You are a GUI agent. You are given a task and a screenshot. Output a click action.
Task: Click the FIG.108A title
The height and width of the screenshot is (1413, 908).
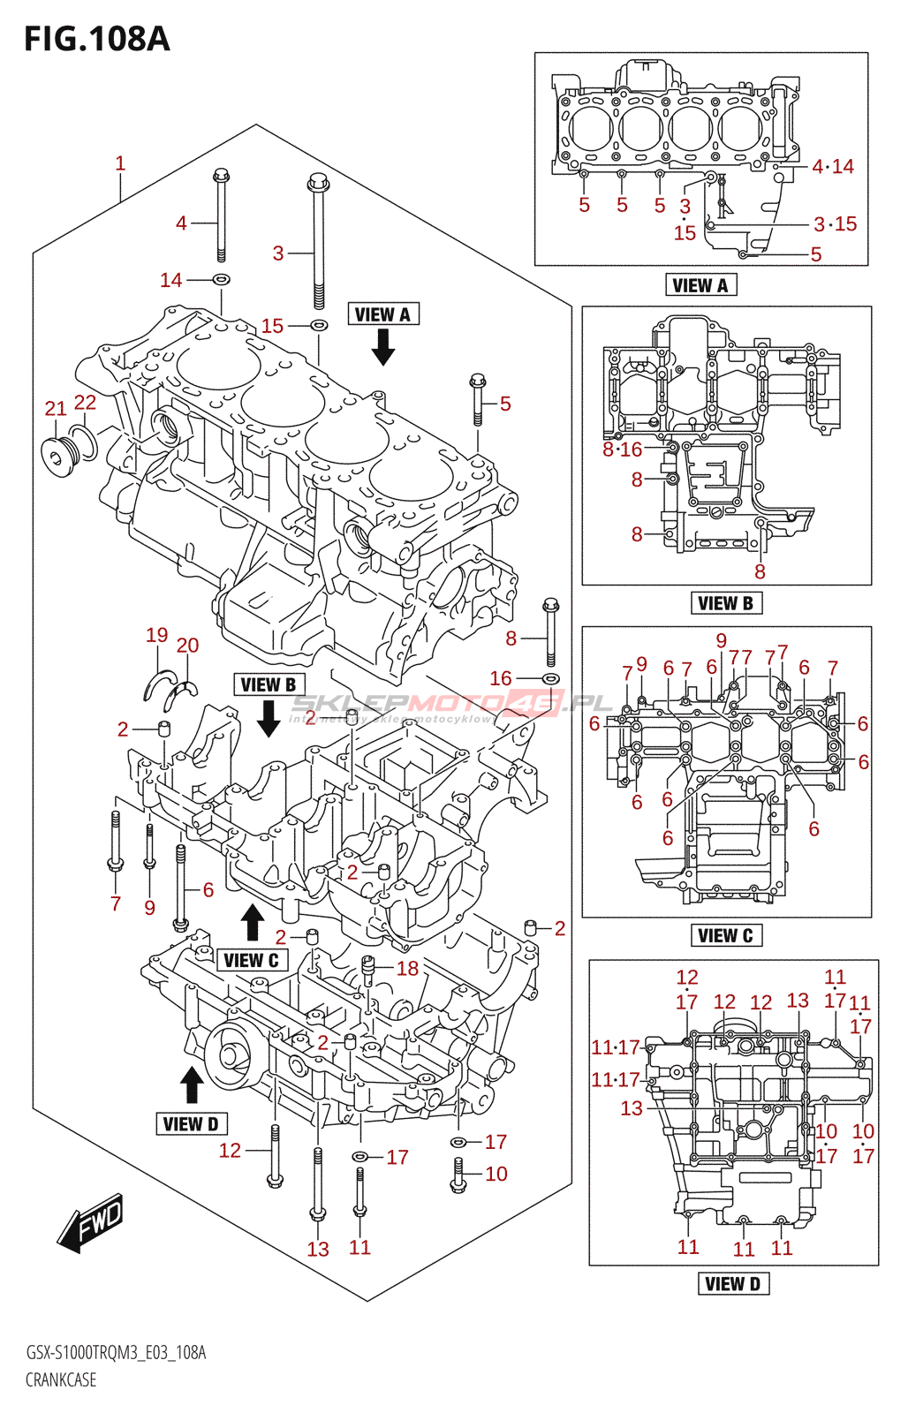[x=96, y=39]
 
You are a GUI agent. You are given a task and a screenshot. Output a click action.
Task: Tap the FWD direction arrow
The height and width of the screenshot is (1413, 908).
[x=91, y=1223]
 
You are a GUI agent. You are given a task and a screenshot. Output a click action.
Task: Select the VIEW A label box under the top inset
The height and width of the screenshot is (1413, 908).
[x=700, y=285]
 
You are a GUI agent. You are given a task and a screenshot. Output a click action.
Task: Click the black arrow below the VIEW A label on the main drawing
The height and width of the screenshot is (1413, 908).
[x=382, y=347]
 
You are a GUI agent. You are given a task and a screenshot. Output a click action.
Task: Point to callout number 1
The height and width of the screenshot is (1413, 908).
[x=120, y=163]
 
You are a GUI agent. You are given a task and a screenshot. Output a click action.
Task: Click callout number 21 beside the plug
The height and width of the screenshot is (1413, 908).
[x=56, y=408]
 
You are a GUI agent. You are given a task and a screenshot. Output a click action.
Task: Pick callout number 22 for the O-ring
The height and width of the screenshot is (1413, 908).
[x=85, y=403]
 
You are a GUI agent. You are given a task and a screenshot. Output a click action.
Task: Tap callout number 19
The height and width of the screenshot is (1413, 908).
[x=157, y=635]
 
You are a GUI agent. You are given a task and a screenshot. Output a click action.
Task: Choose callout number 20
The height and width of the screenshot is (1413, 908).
[x=187, y=646]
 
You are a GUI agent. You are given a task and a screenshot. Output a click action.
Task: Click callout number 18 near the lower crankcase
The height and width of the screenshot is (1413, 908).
[x=407, y=969]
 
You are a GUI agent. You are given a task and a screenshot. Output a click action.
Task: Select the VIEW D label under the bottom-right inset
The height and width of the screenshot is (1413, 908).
[x=733, y=1284]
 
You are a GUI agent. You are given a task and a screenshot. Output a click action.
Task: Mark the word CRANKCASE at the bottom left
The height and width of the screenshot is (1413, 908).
[x=61, y=1379]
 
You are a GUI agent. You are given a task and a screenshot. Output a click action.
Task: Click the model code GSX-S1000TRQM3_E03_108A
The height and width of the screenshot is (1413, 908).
[x=116, y=1353]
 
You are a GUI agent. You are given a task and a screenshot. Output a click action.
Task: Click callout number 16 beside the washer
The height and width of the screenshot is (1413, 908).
[x=501, y=678]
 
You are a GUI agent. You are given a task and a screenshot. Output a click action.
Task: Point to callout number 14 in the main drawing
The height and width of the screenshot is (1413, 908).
[x=170, y=280]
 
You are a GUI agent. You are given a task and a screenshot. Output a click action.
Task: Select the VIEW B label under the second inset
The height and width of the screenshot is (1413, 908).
[x=725, y=603]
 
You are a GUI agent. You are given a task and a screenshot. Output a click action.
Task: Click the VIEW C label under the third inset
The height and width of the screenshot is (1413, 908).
[x=725, y=936]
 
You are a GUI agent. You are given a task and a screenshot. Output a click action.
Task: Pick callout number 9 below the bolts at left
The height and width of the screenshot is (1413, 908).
[x=149, y=907]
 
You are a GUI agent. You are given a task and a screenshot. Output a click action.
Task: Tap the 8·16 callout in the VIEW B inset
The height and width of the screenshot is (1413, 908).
[x=623, y=450]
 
